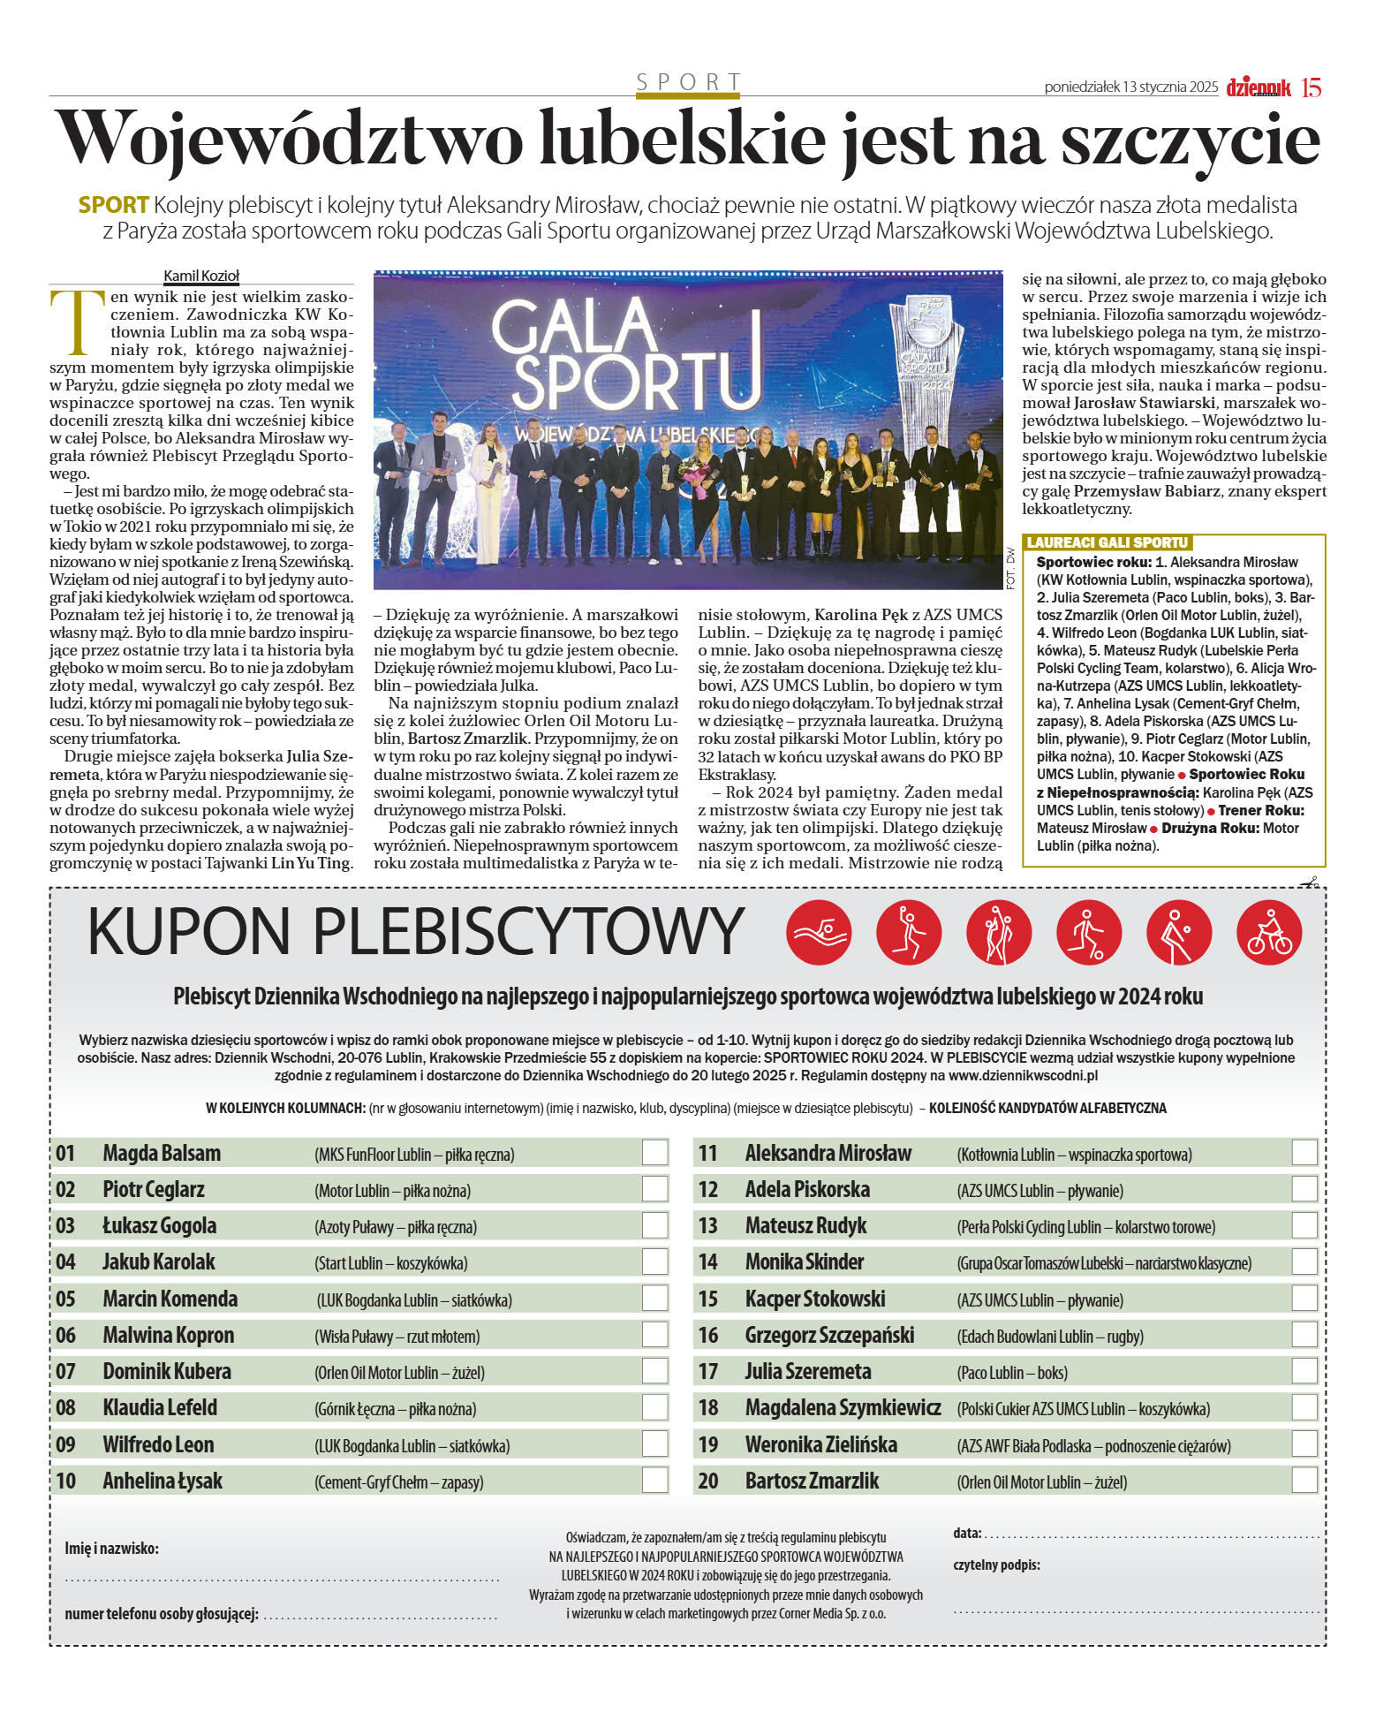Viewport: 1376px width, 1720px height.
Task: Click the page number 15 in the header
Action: click(x=1311, y=87)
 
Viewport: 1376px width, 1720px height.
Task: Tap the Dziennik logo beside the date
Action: click(x=1259, y=87)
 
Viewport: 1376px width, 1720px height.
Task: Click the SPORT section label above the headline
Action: click(x=688, y=82)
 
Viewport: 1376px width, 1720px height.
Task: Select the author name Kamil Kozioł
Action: click(x=201, y=276)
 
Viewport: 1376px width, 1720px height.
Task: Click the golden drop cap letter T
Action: click(x=71, y=320)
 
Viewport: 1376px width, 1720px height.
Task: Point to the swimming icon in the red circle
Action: click(x=819, y=933)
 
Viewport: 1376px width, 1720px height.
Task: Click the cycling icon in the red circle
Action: click(x=1269, y=933)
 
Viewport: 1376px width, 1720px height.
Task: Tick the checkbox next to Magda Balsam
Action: click(x=654, y=1153)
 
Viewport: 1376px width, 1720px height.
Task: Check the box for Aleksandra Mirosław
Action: click(x=1304, y=1153)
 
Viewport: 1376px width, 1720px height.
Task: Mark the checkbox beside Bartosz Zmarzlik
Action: click(x=1304, y=1481)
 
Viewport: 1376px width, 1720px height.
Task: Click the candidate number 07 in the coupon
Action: click(x=66, y=1372)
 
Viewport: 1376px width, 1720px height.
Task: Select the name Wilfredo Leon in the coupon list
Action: click(x=158, y=1444)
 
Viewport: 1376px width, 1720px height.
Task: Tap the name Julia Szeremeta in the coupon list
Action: click(x=807, y=1372)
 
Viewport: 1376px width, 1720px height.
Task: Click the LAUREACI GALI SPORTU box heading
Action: click(x=1108, y=542)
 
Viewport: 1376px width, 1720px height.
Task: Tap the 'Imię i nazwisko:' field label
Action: click(x=112, y=1549)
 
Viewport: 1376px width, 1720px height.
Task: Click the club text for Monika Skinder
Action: click(x=1104, y=1263)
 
